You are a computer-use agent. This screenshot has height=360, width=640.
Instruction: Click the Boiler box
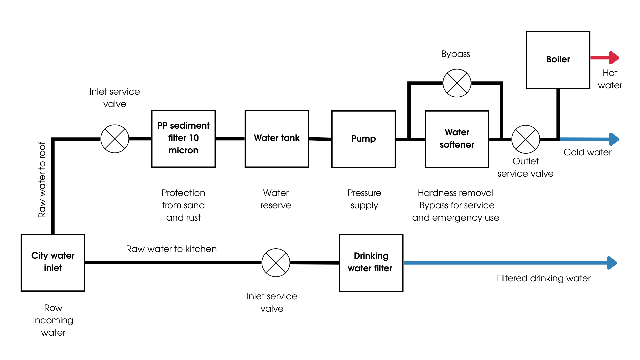pos(558,60)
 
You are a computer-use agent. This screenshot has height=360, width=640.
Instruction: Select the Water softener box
pos(457,139)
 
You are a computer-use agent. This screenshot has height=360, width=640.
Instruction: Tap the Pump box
pos(363,139)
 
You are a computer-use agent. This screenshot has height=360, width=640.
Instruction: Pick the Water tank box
pos(277,138)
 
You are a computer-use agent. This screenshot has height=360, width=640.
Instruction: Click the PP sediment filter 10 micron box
pos(183,138)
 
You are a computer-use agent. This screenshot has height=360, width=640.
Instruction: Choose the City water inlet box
pos(53,262)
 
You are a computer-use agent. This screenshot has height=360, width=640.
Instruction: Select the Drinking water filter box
pos(371,263)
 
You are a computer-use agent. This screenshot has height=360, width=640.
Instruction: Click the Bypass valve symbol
pos(457,83)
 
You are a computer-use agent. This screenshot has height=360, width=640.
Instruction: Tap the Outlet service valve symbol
pos(525,139)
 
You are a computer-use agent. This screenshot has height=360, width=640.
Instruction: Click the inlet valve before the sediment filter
pos(115,139)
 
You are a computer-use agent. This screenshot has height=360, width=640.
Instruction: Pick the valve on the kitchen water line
pos(276,263)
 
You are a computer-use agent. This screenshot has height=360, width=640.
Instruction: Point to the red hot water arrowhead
pos(614,58)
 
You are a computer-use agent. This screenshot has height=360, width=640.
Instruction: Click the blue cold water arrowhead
pos(614,139)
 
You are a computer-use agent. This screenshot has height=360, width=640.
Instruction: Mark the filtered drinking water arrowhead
pos(612,263)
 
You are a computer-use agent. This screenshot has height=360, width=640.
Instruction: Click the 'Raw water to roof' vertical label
pos(42,180)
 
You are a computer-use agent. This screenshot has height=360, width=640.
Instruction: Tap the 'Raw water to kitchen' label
pos(171,249)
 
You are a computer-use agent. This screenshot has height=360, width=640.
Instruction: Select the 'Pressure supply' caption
pos(364,199)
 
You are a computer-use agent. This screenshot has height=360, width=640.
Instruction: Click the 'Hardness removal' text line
pos(455,193)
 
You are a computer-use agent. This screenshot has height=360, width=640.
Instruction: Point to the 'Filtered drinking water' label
pos(543,278)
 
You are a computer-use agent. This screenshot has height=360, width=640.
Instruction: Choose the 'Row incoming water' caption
pos(53,320)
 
